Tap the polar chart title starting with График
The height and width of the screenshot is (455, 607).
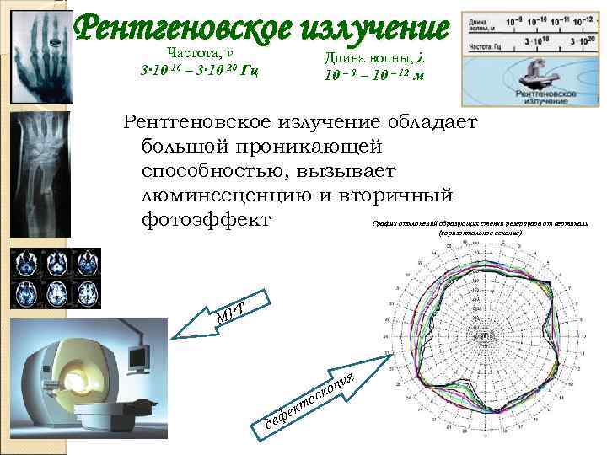[480, 227]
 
